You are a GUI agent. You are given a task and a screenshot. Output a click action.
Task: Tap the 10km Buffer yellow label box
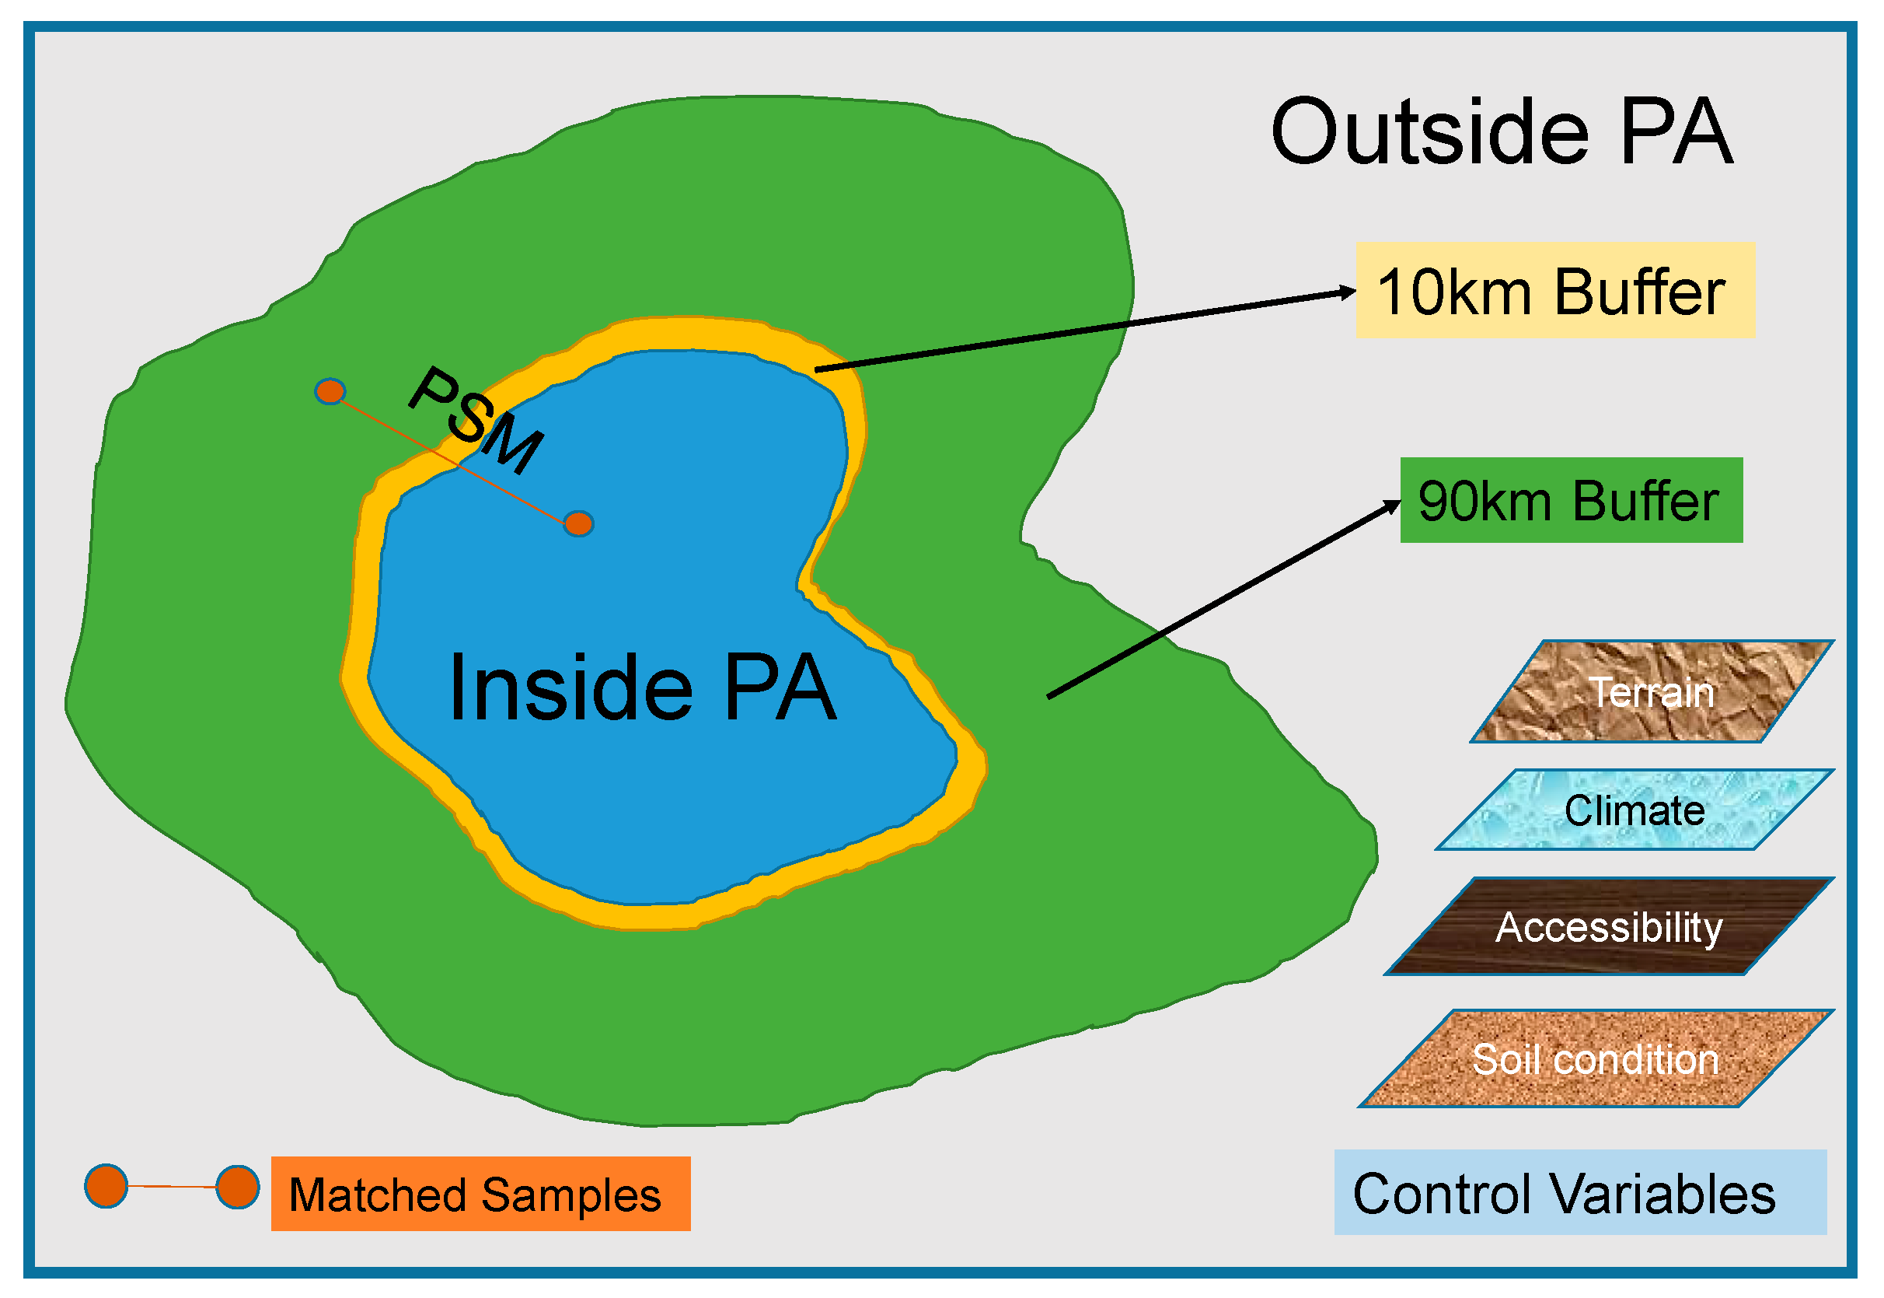[x=1554, y=290]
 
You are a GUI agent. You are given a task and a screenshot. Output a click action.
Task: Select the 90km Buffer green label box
[x=1570, y=500]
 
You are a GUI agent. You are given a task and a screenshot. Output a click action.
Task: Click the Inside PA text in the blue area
[x=642, y=688]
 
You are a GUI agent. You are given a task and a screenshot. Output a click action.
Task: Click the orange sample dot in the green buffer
[x=330, y=392]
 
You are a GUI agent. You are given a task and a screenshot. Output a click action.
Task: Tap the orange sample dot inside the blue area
[x=578, y=523]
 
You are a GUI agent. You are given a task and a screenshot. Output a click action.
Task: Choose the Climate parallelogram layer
[x=1634, y=810]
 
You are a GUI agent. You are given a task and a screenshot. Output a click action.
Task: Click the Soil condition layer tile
[x=1595, y=1059]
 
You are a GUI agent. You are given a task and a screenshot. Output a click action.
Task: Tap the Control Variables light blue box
[x=1580, y=1193]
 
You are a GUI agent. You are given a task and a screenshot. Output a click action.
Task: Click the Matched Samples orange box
[x=480, y=1194]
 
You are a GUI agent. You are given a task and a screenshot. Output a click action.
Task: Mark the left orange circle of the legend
[x=106, y=1186]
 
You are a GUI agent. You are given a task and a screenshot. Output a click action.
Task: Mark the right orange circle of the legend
[x=237, y=1188]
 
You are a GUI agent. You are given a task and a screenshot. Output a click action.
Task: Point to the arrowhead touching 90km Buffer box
[x=1393, y=506]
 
